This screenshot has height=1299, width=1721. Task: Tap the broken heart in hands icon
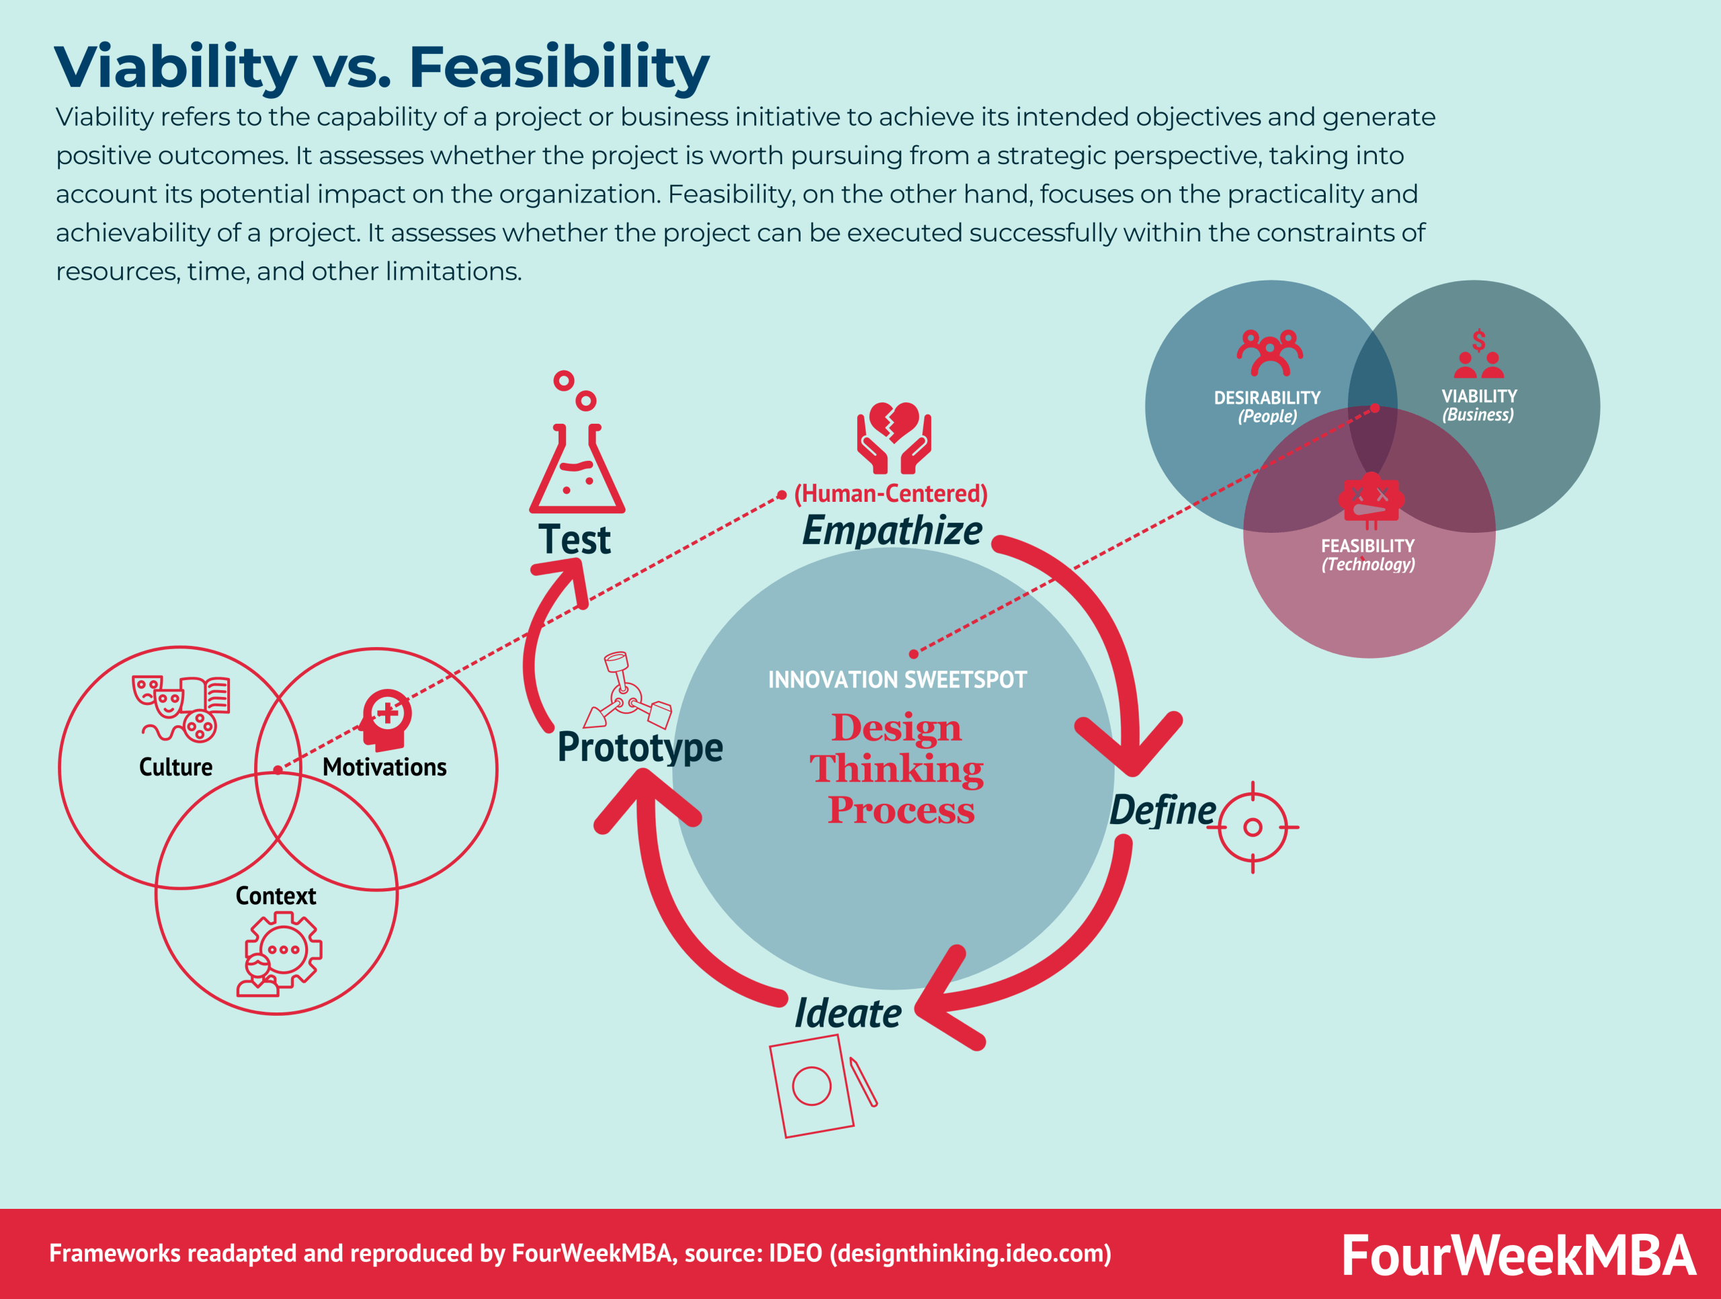[x=894, y=437]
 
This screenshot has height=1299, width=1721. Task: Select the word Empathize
[x=891, y=531]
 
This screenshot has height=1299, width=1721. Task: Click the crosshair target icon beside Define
[x=1252, y=827]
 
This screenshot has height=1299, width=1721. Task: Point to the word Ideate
[x=847, y=1013]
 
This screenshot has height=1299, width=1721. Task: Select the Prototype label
[x=639, y=747]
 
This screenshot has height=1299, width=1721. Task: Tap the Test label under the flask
[x=574, y=540]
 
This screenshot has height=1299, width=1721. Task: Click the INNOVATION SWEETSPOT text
[x=897, y=680]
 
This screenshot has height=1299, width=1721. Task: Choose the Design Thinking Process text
[x=897, y=769]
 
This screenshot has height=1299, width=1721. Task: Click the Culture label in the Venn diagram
[x=176, y=768]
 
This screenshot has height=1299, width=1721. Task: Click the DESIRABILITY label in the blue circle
[x=1267, y=398]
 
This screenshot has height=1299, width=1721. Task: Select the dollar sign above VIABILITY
[x=1478, y=340]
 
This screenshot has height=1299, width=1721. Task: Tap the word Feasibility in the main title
[x=559, y=68]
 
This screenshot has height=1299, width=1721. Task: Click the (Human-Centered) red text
[x=890, y=494]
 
